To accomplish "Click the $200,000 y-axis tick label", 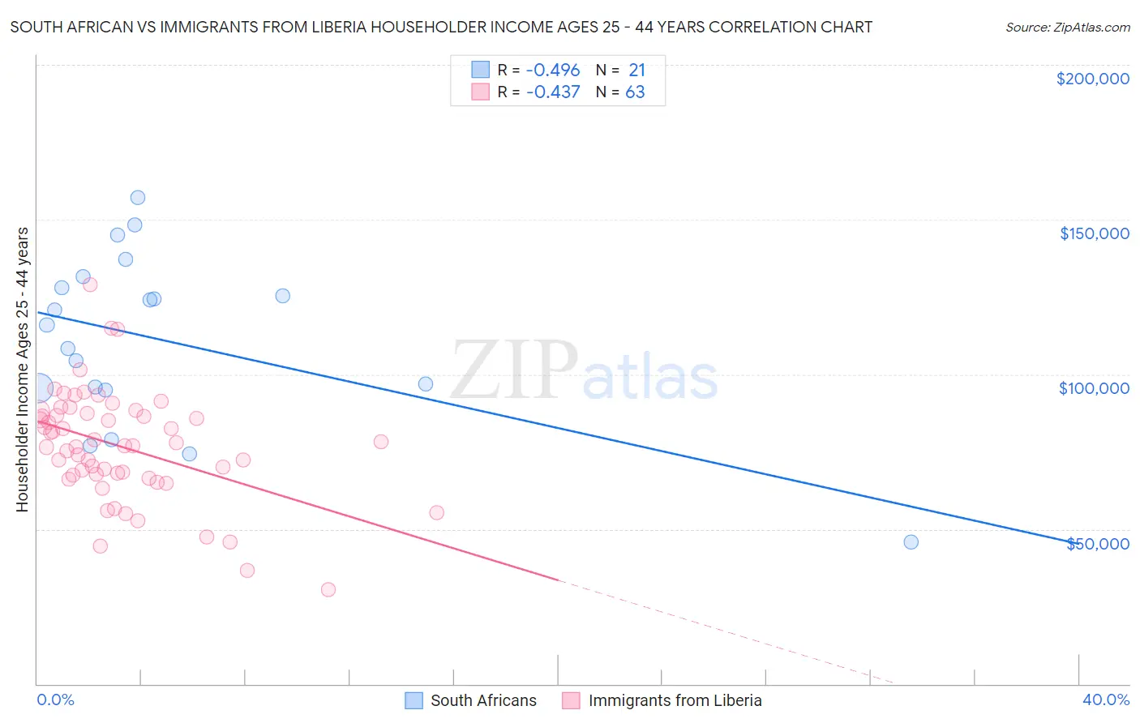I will click(x=1092, y=79).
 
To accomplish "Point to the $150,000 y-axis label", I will click(x=1094, y=233).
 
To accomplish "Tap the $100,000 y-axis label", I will click(x=1094, y=388).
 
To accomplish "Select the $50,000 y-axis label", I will click(x=1097, y=543).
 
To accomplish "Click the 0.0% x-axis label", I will click(x=55, y=699).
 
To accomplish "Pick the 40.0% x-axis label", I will click(x=1106, y=699).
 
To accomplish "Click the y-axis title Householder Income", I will click(x=22, y=370).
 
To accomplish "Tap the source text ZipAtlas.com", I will click(x=1067, y=27).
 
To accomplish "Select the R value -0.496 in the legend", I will click(x=553, y=71).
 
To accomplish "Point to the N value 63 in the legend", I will click(x=635, y=92).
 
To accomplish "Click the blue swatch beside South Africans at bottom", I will click(x=414, y=700).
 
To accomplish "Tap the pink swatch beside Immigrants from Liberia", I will click(x=571, y=700).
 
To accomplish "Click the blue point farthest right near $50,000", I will click(x=911, y=542).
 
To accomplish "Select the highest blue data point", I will click(x=138, y=198).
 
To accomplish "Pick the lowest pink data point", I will click(x=328, y=589).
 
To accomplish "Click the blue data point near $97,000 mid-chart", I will click(x=426, y=384).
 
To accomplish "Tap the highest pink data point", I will click(x=90, y=284).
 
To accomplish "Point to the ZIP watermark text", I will click(x=514, y=371).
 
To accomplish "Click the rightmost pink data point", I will click(x=436, y=512).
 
